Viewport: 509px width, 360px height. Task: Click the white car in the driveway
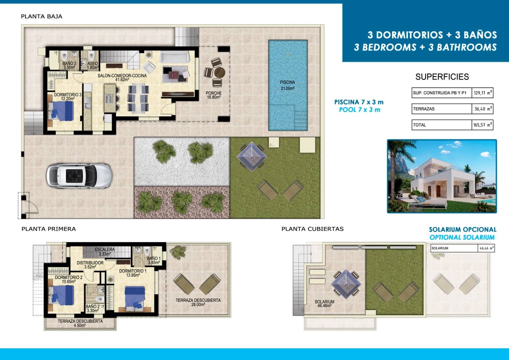(79, 176)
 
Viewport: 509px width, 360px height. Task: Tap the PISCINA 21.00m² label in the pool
(287, 85)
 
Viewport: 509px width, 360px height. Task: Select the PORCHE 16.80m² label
(213, 95)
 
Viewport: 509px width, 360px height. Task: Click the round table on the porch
(219, 73)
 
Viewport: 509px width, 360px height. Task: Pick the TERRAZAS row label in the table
(424, 109)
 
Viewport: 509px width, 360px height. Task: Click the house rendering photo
(442, 176)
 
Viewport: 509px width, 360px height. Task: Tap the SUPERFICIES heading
(442, 77)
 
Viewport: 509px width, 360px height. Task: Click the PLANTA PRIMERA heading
(49, 229)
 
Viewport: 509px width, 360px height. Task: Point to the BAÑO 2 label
(93, 308)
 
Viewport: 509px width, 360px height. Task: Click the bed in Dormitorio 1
(135, 298)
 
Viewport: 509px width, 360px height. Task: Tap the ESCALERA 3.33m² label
(104, 251)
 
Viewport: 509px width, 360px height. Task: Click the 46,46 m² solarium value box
(486, 248)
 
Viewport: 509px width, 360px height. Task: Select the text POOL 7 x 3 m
(359, 110)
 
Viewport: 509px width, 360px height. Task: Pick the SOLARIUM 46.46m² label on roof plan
(324, 304)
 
